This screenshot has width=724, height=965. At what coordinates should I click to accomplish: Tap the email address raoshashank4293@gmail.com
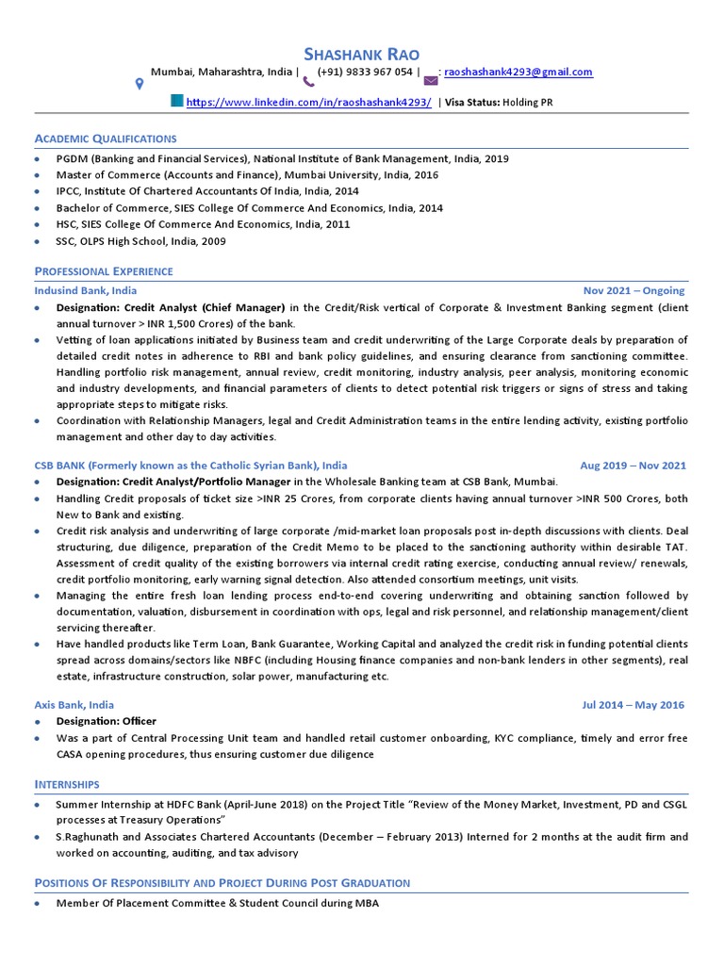coord(518,73)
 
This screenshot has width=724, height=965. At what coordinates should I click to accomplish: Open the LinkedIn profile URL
coord(308,103)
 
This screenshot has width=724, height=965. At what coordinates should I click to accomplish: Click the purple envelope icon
coord(432,81)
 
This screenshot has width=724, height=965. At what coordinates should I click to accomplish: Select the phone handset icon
coord(308,81)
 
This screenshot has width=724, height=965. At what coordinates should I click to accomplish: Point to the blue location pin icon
coord(140,84)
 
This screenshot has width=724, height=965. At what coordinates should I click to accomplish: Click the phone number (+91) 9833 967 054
coord(365,73)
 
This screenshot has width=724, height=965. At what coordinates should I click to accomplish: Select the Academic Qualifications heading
coord(105,139)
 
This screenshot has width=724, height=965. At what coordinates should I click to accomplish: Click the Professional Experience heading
coord(104,271)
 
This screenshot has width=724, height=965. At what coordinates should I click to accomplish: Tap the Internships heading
coord(67,784)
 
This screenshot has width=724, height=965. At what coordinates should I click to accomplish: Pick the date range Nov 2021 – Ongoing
coord(634,290)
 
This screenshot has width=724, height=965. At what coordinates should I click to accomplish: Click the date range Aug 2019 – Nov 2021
coord(633,466)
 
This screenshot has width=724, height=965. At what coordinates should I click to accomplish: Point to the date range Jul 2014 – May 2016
coord(633,705)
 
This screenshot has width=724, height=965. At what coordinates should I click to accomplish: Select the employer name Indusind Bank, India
coord(85,290)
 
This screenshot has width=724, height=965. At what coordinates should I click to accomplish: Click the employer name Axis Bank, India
coord(74,705)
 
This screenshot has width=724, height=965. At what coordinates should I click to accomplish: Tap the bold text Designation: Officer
coord(107,721)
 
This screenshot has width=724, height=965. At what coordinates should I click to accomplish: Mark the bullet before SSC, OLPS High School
coord(37,242)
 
